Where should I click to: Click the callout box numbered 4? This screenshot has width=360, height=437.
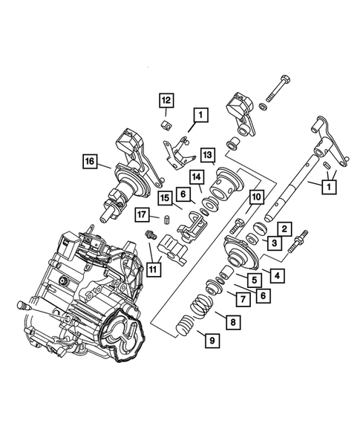[x=275, y=276]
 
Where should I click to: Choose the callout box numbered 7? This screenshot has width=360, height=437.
[x=241, y=298]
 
